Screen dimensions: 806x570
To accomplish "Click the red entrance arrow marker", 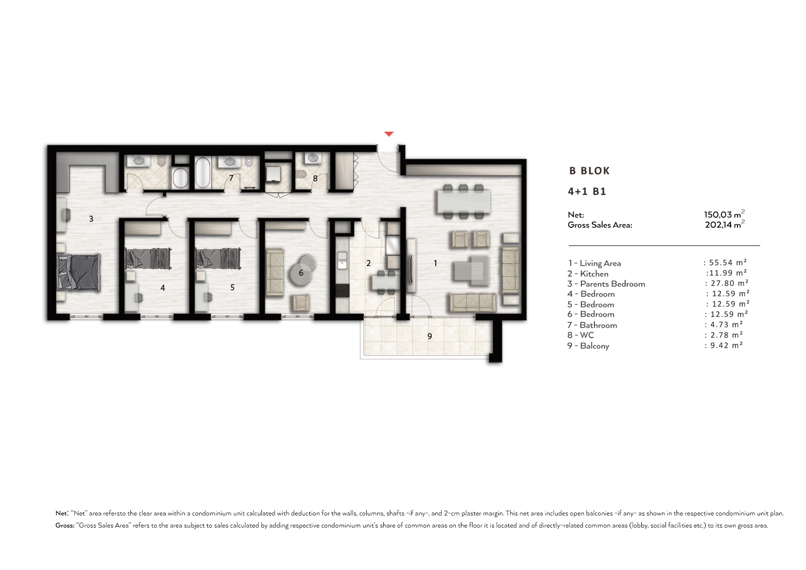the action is (x=389, y=134).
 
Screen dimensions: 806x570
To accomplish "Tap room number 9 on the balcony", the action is (x=430, y=336).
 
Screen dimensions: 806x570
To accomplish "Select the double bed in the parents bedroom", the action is (x=79, y=272).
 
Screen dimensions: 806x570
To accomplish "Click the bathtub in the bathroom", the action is (x=203, y=173).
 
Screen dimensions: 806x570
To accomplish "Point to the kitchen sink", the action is (x=342, y=261).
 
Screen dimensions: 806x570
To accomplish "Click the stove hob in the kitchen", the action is (x=342, y=291).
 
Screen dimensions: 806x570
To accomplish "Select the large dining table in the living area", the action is (x=464, y=202).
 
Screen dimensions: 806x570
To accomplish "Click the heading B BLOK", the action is (x=589, y=171).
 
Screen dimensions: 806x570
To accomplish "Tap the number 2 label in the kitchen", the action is (x=368, y=263).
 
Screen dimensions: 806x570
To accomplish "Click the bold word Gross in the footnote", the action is (x=65, y=525).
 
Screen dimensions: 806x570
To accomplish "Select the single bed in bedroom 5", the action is (x=218, y=259).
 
